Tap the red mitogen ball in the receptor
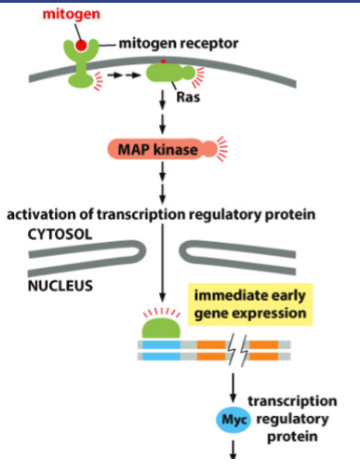(x=83, y=45)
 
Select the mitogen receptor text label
(x=174, y=43)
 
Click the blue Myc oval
(x=233, y=421)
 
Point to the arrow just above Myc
(x=233, y=388)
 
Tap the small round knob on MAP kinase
(x=208, y=148)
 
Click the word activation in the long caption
(x=40, y=215)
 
